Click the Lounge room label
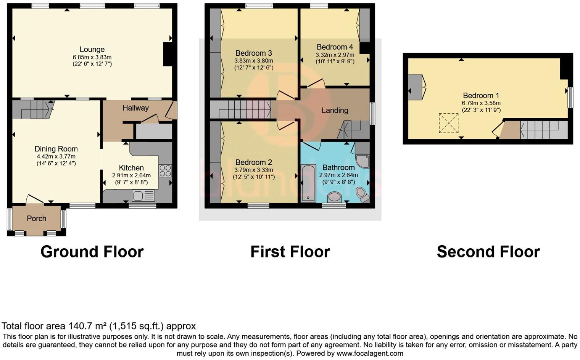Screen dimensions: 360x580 coord(92,50)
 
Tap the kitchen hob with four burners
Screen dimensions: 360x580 coord(165,170)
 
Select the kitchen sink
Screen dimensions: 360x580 coord(143,196)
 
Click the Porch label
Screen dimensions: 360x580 coord(37,219)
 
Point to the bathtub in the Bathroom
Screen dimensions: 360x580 coord(308,183)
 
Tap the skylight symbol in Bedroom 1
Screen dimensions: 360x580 coord(449,123)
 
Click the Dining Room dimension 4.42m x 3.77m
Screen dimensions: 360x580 coord(56,156)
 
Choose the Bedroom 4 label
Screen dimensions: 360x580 coord(335,47)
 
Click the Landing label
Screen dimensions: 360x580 coord(335,111)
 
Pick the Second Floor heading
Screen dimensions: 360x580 coord(488,252)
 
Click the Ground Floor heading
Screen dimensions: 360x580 coord(92,252)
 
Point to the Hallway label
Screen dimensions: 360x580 coord(135,108)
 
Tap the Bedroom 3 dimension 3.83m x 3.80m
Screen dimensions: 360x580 coord(253,61)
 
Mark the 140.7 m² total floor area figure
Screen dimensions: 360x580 coord(88,326)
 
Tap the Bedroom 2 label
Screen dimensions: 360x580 coord(253,162)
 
